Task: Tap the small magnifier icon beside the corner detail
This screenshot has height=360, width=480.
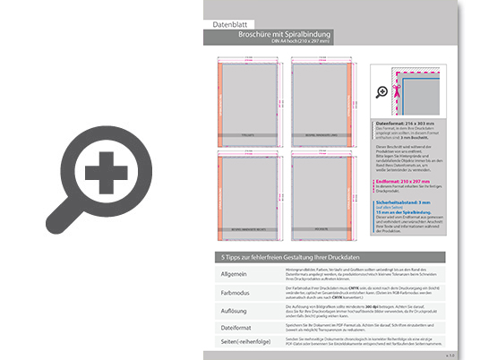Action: coord(383,91)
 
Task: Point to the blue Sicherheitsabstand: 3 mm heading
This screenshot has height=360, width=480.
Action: coord(410,203)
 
